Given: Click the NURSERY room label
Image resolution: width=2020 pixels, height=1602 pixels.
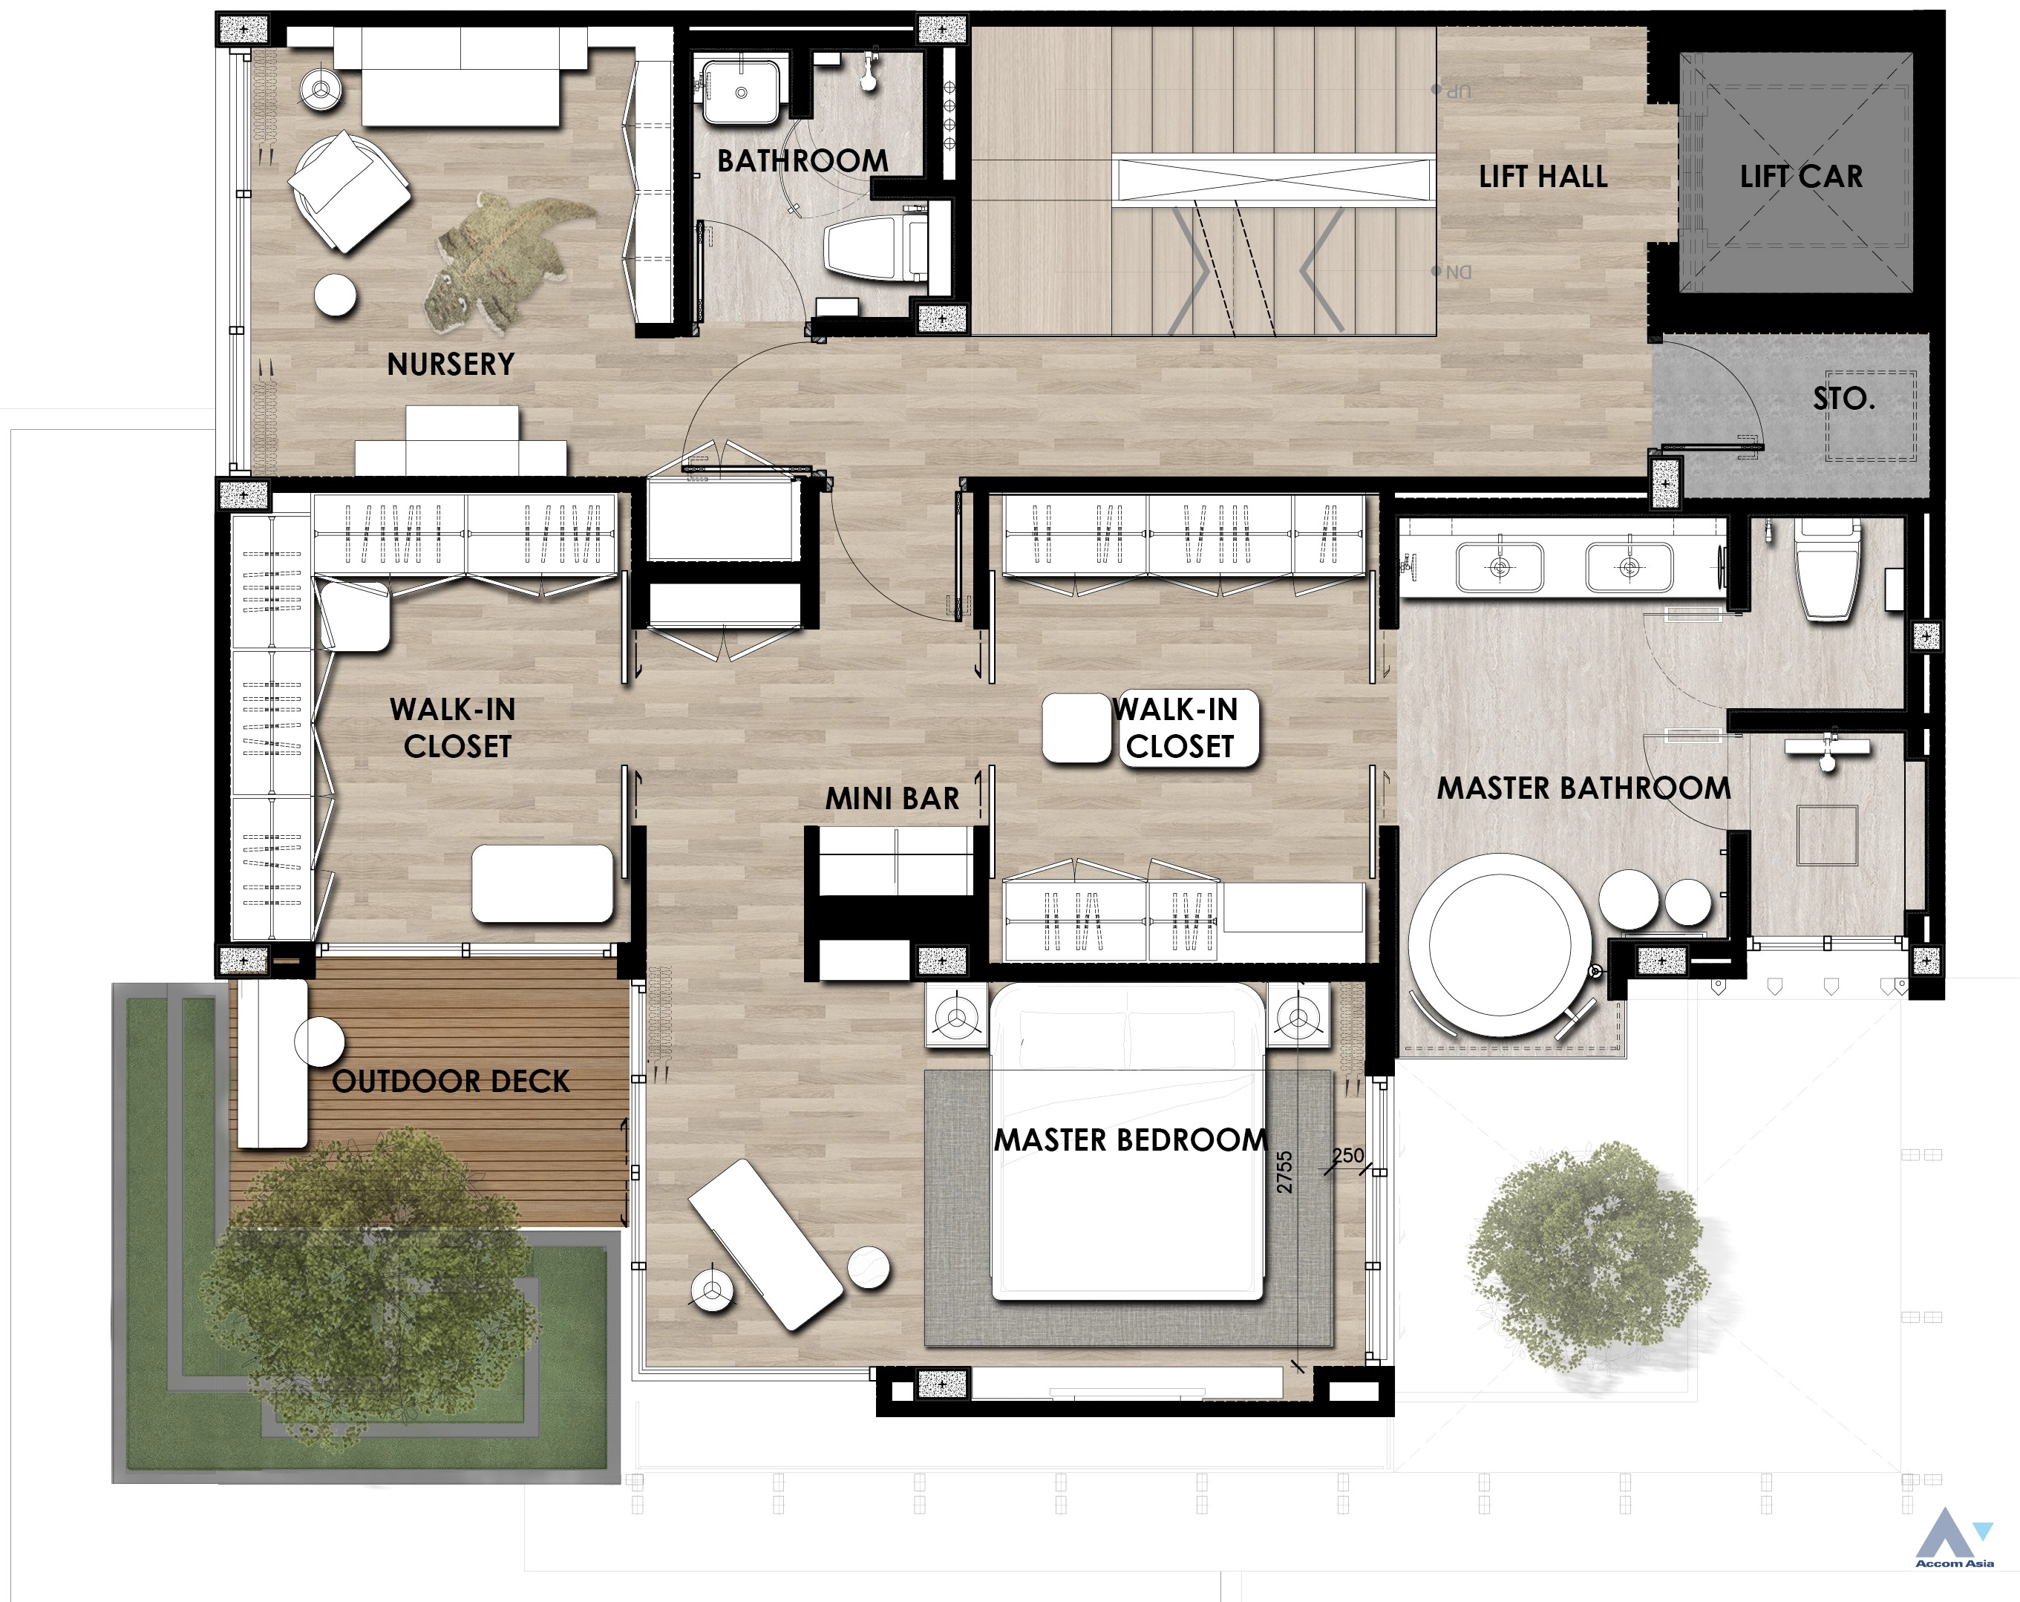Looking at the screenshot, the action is pos(451,364).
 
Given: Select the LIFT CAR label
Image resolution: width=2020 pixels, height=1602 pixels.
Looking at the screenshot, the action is pos(1801,176).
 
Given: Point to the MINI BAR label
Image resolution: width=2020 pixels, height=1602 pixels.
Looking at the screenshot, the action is pos(892,798).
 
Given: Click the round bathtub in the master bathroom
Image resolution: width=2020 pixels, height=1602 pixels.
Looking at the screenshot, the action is pos(1499,944).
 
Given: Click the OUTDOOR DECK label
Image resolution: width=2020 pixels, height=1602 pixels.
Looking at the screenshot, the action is pos(451,1081).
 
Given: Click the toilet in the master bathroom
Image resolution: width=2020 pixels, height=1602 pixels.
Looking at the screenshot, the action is pos(1827,572).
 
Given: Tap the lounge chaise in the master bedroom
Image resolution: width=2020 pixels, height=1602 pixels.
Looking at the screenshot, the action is pos(765,1244).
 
